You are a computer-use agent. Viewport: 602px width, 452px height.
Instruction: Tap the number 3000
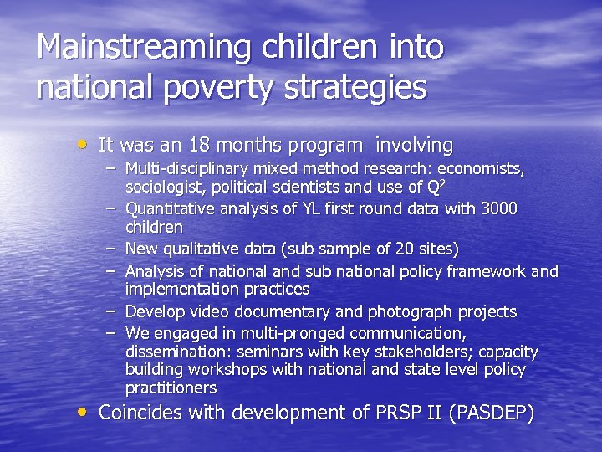(x=499, y=208)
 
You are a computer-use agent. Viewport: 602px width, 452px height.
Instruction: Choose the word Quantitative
(x=170, y=208)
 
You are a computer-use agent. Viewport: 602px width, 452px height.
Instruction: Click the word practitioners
(x=171, y=388)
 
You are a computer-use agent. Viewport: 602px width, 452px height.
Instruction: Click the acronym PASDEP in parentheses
(x=496, y=413)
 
